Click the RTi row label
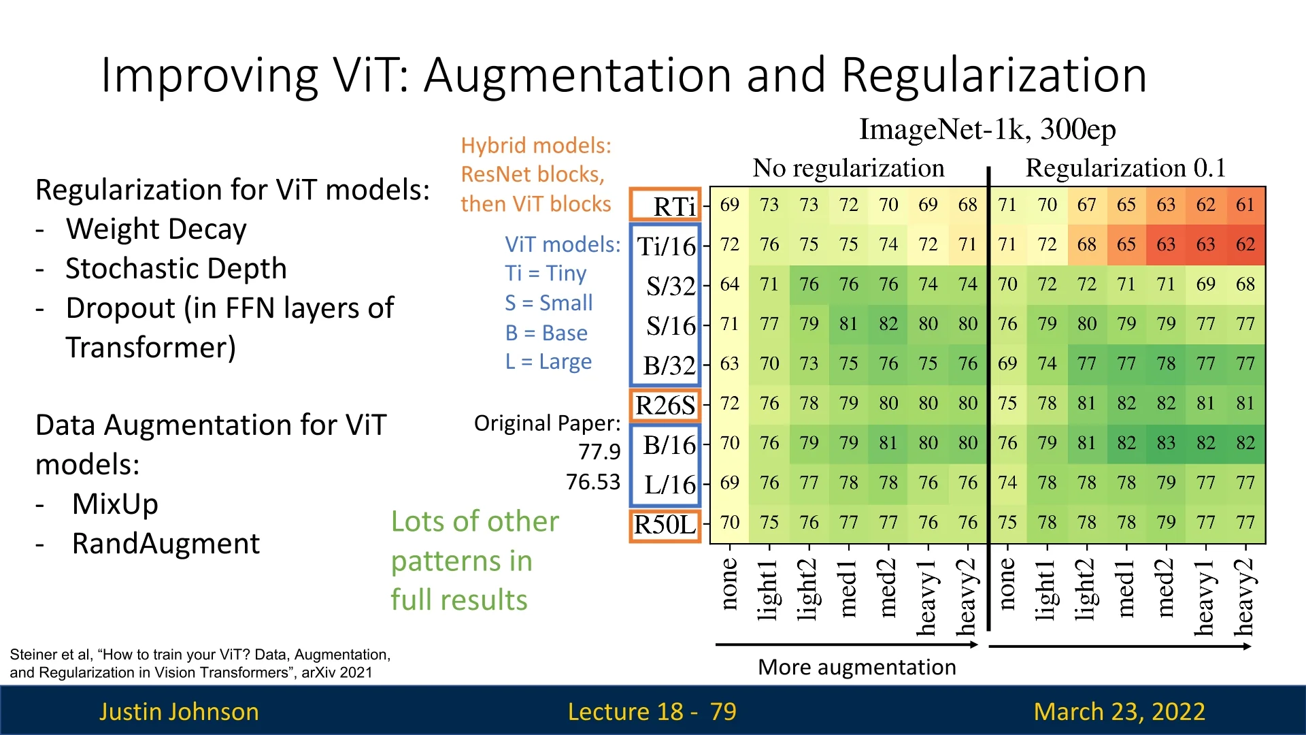[673, 206]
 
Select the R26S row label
[665, 406]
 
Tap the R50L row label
[665, 525]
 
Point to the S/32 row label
[671, 286]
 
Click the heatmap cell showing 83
[1166, 443]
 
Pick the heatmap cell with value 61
[1245, 205]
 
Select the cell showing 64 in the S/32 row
[729, 284]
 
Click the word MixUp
[115, 504]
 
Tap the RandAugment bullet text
[165, 544]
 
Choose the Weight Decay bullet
[156, 229]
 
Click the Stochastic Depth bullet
[175, 269]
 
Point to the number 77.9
[599, 452]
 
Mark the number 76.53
[593, 483]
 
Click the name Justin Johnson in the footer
[179, 712]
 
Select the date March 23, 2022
[1119, 712]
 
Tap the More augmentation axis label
[856, 668]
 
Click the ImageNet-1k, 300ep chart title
[987, 129]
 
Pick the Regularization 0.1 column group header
[1126, 168]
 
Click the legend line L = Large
[548, 362]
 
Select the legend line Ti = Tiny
[546, 274]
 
